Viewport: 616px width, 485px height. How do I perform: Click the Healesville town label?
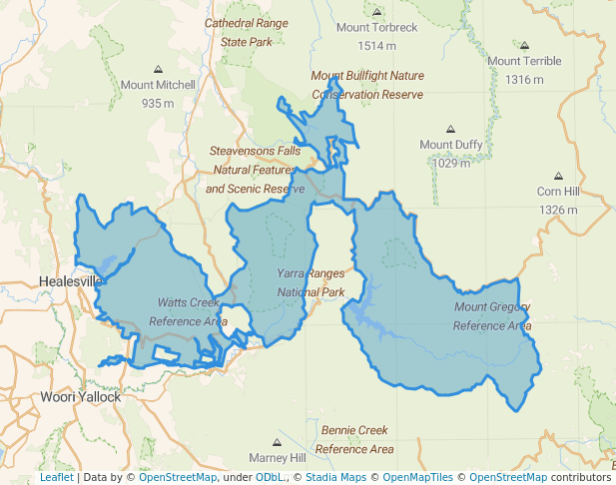[70, 281]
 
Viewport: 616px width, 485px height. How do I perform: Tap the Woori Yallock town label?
[81, 396]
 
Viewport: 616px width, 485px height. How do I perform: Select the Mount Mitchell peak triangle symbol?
[158, 69]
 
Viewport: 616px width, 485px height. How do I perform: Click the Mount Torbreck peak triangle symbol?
[376, 13]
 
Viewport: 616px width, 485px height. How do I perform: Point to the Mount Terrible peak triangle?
[525, 45]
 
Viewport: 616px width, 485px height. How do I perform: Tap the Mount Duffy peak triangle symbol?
[451, 129]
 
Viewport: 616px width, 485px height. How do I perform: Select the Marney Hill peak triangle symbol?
[278, 441]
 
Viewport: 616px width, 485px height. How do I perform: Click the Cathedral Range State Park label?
[246, 32]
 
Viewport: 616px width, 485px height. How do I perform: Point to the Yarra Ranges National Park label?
[310, 282]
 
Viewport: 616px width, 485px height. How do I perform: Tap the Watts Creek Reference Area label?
[188, 311]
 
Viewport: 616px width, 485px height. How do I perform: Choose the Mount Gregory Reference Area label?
[492, 315]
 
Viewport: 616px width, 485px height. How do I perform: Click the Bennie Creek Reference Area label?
[354, 439]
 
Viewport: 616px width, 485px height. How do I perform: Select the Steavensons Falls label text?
[255, 151]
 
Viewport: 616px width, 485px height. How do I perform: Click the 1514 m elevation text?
[376, 46]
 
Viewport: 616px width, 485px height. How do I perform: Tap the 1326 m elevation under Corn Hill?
[558, 210]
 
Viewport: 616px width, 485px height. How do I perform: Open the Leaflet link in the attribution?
[56, 477]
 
